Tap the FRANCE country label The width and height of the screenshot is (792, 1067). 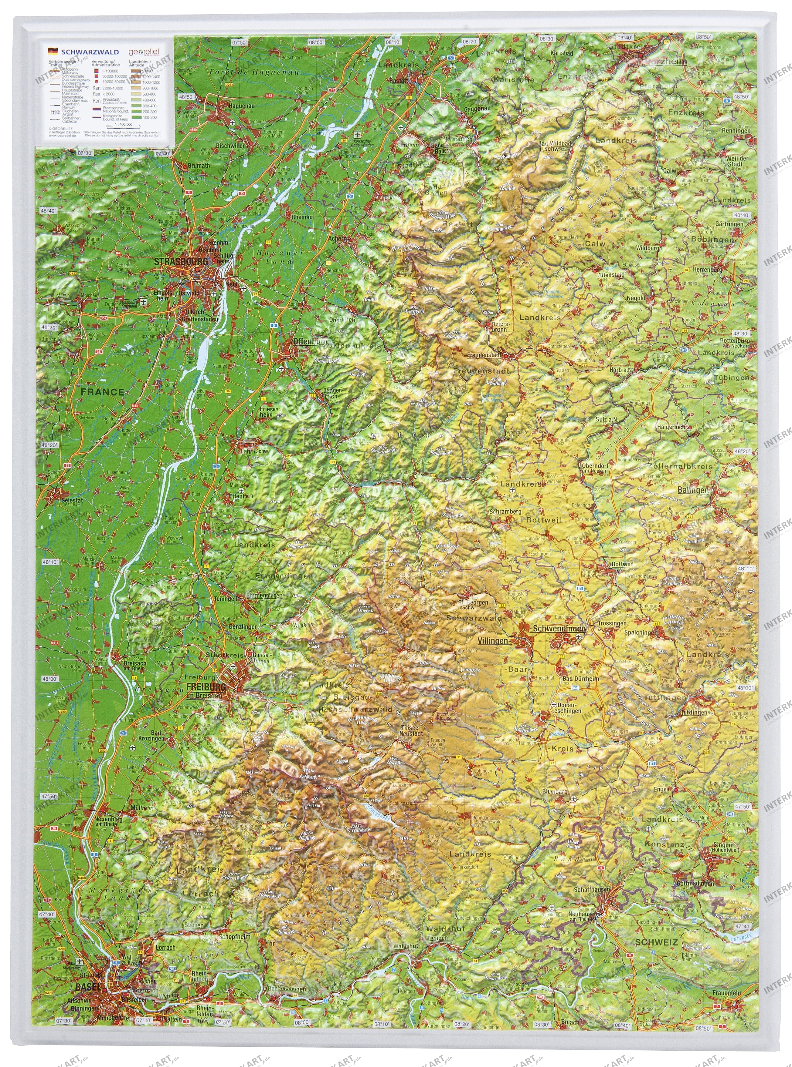pyautogui.click(x=102, y=392)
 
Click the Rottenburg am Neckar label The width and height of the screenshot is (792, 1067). pyautogui.click(x=734, y=343)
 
